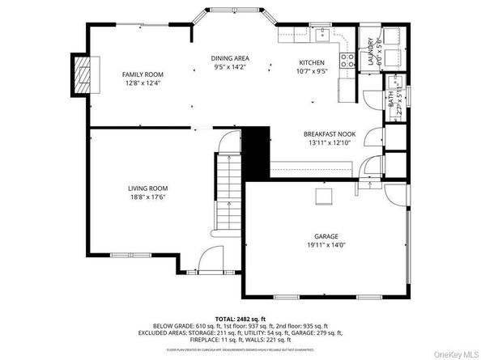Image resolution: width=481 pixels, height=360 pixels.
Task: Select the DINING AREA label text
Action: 230,58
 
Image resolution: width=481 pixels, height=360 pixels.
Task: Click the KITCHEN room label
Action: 311,62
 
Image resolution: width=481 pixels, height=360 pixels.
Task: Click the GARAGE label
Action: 326,236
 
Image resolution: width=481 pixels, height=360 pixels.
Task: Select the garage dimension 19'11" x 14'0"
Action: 326,245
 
